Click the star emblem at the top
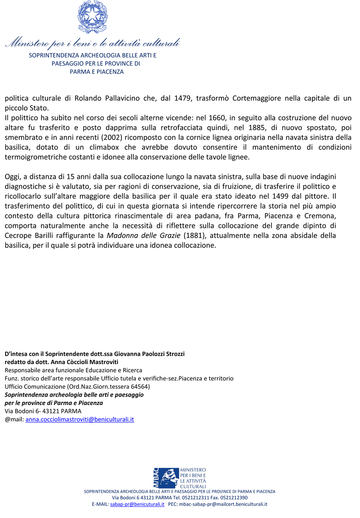click(92, 17)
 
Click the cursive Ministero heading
click(92, 42)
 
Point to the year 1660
click(217, 118)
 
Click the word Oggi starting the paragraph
click(12, 177)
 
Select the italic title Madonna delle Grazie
click(139, 235)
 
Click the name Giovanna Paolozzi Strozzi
click(146, 354)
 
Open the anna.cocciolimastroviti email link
click(80, 419)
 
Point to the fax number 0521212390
click(233, 498)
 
